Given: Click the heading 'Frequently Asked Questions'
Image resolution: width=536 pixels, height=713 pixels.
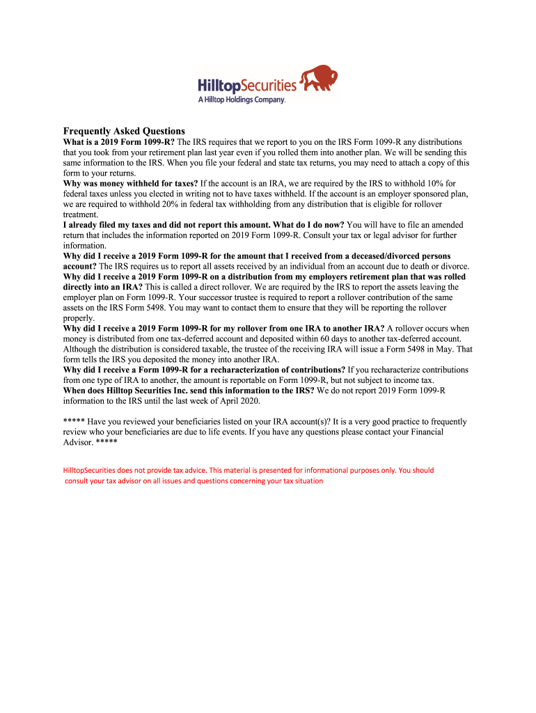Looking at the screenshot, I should [x=124, y=131].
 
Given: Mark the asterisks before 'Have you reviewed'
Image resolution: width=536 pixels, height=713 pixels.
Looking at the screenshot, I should [x=74, y=422].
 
